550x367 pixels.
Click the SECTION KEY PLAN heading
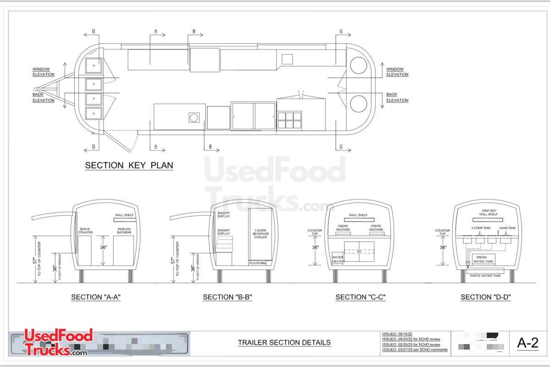coord(129,166)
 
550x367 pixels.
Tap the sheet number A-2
coord(528,343)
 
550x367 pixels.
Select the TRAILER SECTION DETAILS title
coord(284,343)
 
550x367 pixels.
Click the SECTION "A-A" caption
coord(96,297)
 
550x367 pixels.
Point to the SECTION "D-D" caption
coord(485,297)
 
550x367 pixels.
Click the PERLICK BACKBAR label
coord(124,231)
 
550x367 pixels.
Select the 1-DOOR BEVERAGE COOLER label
coord(260,234)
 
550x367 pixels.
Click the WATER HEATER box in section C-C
coord(337,259)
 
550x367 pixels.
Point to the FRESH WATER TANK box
coord(482,259)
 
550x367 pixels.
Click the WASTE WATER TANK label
coord(485,275)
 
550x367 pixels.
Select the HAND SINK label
coord(507,228)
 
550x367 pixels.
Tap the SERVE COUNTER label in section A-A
coord(86,231)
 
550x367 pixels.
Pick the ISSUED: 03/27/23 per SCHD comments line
coord(414,350)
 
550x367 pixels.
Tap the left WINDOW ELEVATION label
coord(43,72)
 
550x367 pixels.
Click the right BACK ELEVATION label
coord(397,97)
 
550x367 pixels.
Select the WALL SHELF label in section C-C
coord(358,215)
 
